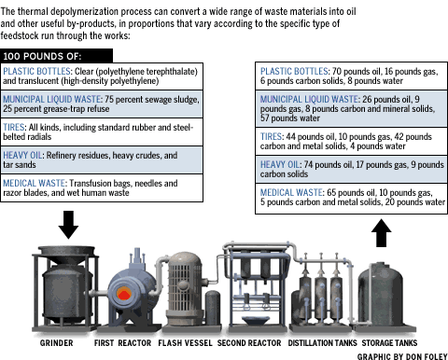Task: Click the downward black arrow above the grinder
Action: point(68,225)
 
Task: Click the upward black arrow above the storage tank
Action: point(381,233)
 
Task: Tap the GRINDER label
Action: point(56,343)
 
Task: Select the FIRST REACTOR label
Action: point(122,343)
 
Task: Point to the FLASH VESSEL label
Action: point(185,343)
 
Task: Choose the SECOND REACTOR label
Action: point(249,343)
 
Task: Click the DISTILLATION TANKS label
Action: point(322,343)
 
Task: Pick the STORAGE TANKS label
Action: point(389,343)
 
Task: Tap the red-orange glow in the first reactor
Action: point(123,294)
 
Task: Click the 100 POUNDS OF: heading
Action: point(42,56)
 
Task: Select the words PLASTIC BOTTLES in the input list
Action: point(36,71)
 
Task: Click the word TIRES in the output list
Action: point(271,136)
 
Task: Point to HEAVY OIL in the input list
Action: point(22,155)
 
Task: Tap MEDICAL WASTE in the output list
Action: point(291,192)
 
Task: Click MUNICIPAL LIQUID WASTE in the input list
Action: point(52,99)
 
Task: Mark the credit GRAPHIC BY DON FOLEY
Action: point(402,356)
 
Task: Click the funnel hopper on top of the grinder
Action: point(66,255)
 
